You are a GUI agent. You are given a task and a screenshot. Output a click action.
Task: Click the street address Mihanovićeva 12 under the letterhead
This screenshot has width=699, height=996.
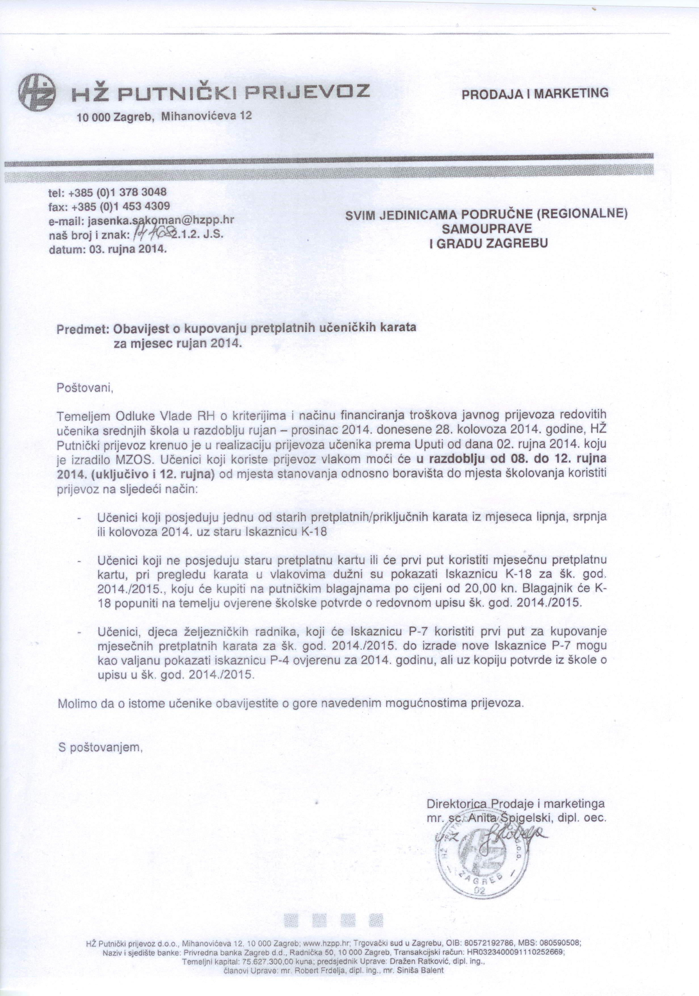coord(207,116)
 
